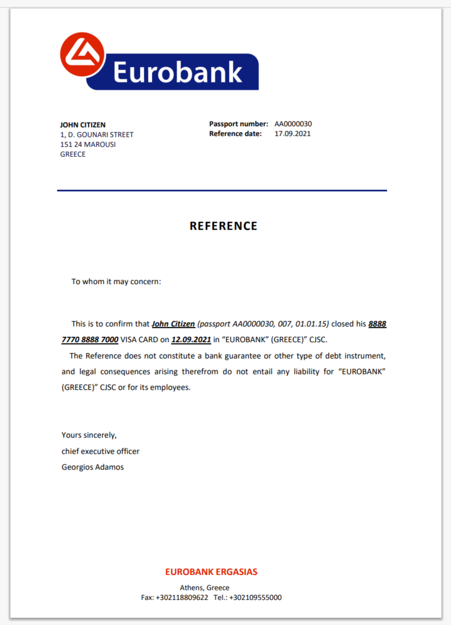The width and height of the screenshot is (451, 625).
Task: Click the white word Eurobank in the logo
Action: (x=177, y=72)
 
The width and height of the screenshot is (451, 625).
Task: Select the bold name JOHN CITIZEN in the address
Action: (x=82, y=125)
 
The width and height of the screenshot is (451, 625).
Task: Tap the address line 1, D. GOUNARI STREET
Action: (x=97, y=135)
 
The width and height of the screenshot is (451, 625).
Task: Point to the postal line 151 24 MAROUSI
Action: (x=88, y=144)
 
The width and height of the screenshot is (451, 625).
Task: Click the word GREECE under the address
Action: (x=73, y=154)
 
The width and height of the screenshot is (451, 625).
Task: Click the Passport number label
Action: (x=238, y=124)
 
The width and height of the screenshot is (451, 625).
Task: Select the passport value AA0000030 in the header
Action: (x=293, y=124)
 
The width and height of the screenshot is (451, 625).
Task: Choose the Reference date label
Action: (x=235, y=133)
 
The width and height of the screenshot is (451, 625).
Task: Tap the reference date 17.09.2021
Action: (x=293, y=133)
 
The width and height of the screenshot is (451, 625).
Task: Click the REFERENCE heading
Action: (x=223, y=226)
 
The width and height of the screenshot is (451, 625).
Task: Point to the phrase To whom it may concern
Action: (x=116, y=282)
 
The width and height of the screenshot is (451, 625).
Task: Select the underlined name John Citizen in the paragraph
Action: (x=173, y=324)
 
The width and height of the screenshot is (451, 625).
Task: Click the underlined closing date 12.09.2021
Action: (x=191, y=340)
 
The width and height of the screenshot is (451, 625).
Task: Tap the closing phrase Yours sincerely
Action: (x=89, y=435)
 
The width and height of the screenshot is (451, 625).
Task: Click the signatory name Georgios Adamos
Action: (x=93, y=467)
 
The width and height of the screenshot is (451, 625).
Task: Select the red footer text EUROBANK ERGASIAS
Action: (x=211, y=572)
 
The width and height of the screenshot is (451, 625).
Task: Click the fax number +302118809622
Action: (x=182, y=597)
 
